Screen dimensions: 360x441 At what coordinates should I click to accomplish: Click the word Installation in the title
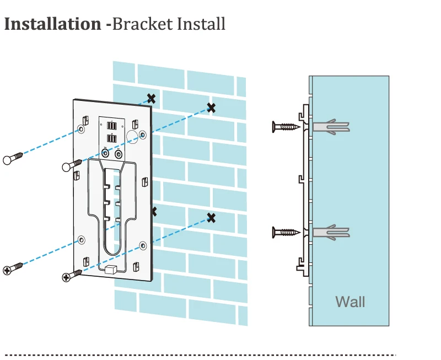(52, 24)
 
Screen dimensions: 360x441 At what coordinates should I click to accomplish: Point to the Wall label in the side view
(350, 302)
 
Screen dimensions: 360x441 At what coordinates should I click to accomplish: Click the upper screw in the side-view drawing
(287, 127)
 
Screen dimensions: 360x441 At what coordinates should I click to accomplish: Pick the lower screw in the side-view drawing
(287, 232)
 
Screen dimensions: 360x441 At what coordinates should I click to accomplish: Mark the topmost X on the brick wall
(150, 99)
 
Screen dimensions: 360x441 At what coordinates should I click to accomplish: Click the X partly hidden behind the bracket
(154, 211)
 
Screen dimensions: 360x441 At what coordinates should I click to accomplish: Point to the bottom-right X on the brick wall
(211, 218)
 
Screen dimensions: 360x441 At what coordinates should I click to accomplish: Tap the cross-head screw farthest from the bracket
(13, 268)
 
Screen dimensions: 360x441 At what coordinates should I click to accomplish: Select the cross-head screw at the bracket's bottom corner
(72, 275)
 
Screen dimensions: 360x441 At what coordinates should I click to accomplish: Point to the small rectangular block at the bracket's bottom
(109, 270)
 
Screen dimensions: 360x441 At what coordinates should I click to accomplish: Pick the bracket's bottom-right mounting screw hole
(142, 244)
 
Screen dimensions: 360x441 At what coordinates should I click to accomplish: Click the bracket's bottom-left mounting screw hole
(82, 240)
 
